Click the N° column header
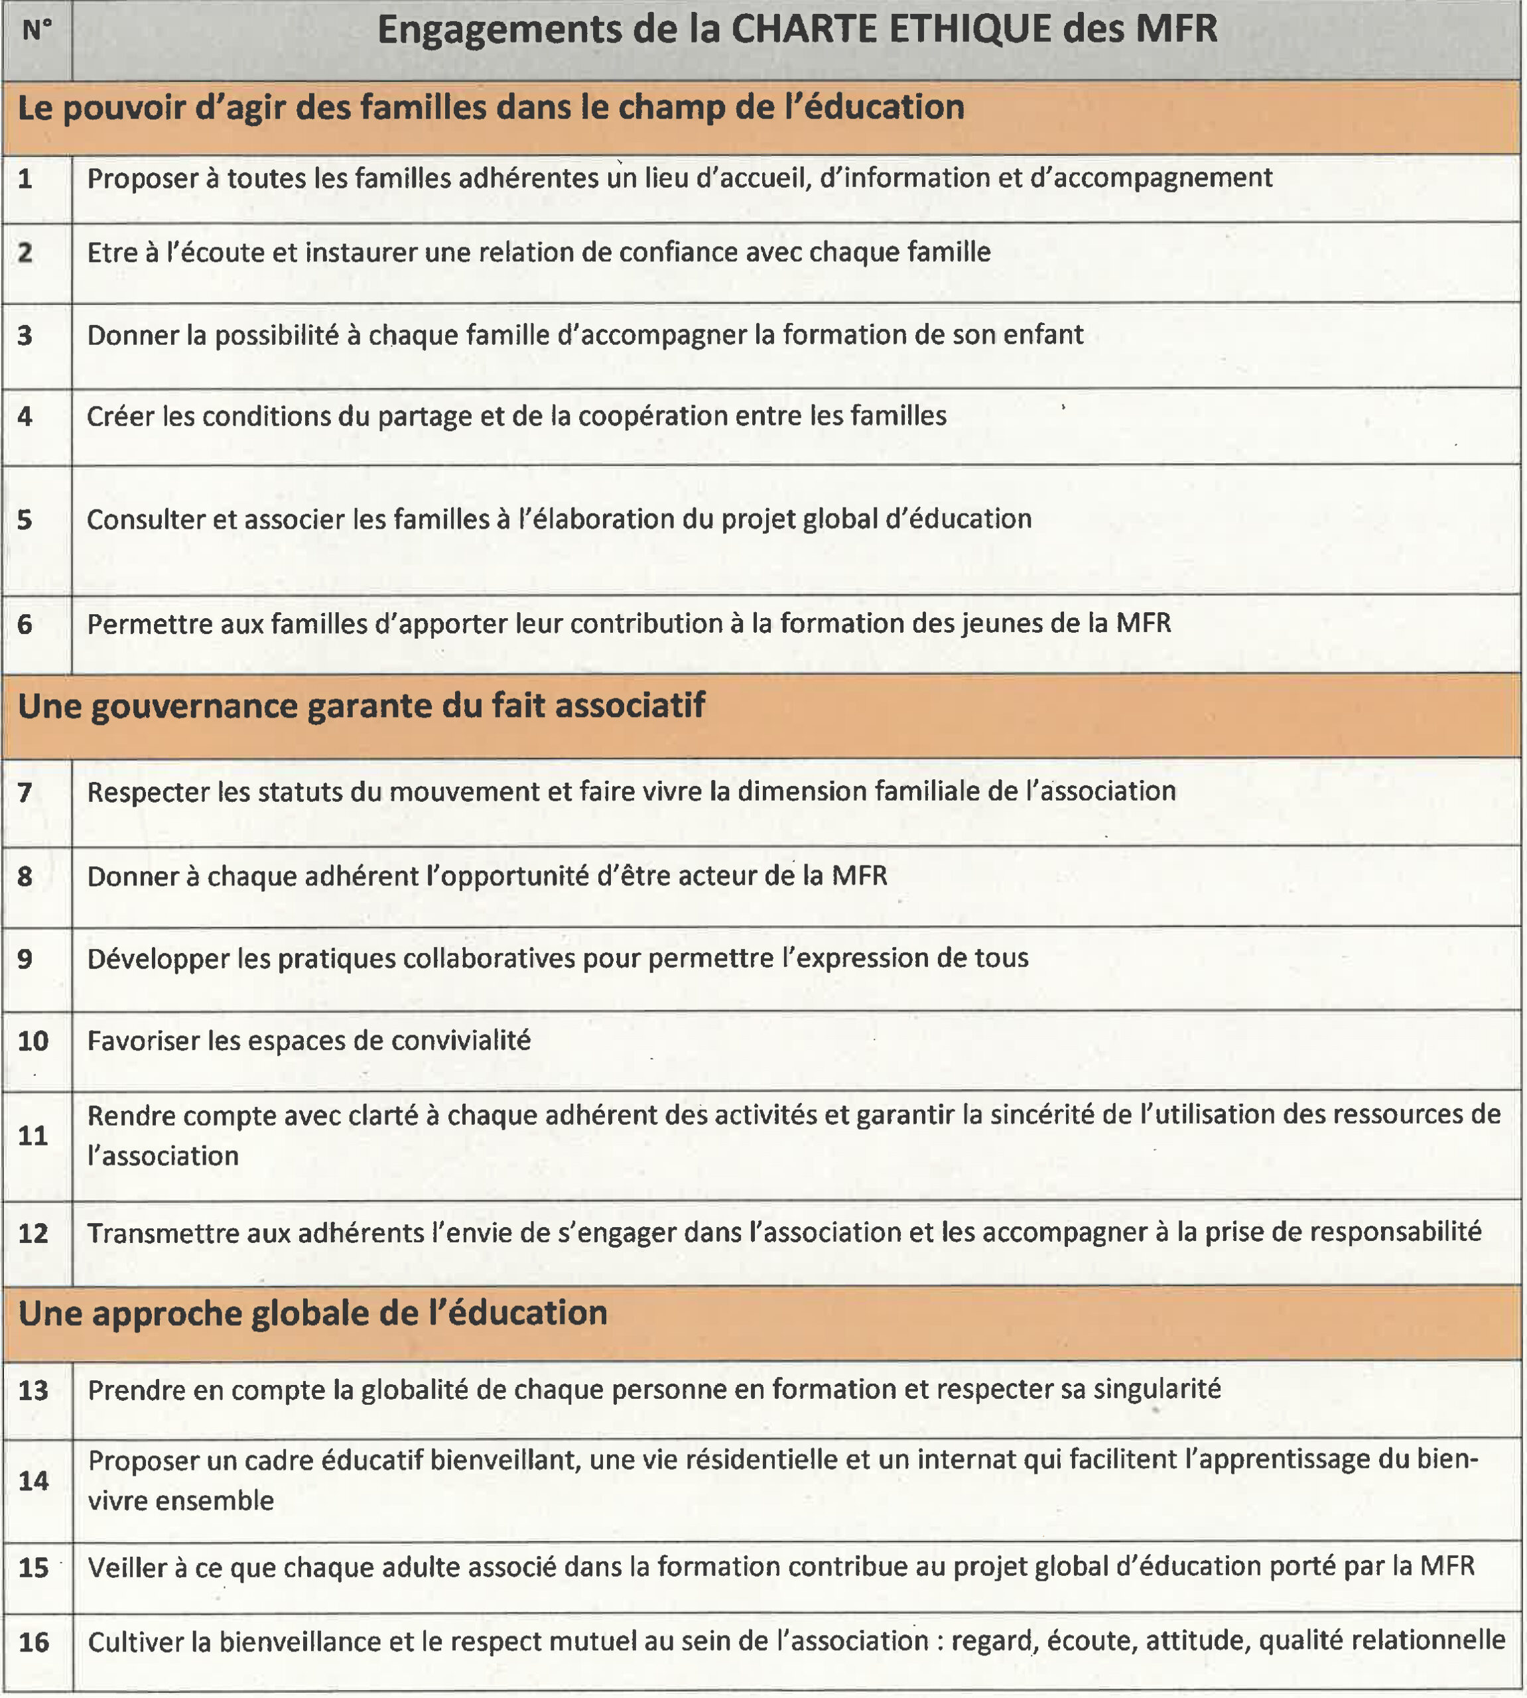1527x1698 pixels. pos(37,31)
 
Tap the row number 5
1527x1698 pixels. pos(25,520)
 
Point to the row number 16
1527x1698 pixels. pos(34,1642)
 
